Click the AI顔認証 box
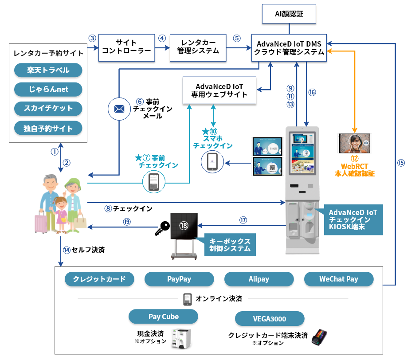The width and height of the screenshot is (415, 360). tap(290, 14)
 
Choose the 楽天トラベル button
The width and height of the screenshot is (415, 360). tap(48, 70)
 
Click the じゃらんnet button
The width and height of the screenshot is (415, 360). tap(48, 90)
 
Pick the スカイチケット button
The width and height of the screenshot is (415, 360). tap(48, 109)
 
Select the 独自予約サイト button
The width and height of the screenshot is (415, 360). tap(48, 129)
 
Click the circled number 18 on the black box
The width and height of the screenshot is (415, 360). tap(184, 226)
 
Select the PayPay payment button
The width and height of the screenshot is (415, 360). tap(179, 279)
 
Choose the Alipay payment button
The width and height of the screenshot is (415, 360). tap(259, 279)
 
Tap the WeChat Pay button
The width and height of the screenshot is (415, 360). tap(339, 279)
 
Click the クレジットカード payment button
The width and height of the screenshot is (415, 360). tap(99, 279)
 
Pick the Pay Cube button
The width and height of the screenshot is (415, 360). tap(163, 317)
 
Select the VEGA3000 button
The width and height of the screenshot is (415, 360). tap(270, 319)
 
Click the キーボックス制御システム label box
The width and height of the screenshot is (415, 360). tap(230, 245)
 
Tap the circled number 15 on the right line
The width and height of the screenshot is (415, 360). tap(401, 163)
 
